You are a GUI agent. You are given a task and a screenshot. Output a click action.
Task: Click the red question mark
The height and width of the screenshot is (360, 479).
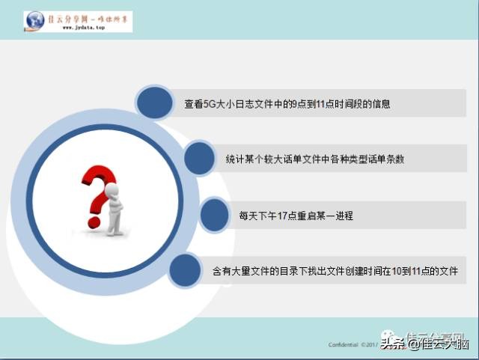(97, 187)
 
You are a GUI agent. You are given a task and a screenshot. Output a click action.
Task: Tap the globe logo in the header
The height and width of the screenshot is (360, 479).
(34, 21)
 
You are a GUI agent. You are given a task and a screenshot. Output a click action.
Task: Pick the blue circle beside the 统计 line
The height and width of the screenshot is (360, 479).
(200, 159)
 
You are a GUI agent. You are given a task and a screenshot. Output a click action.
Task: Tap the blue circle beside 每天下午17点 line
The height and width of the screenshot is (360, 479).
(214, 215)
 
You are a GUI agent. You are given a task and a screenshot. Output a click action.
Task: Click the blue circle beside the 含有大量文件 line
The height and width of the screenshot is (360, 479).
(185, 270)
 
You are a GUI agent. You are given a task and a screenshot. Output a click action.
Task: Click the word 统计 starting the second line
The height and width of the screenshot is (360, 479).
(234, 159)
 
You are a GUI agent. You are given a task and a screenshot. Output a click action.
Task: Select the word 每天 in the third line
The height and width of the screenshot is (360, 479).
(247, 216)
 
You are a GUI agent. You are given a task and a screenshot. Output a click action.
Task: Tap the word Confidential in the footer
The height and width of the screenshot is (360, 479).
(343, 345)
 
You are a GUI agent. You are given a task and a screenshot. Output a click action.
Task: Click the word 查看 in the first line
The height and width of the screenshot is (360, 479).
(192, 104)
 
